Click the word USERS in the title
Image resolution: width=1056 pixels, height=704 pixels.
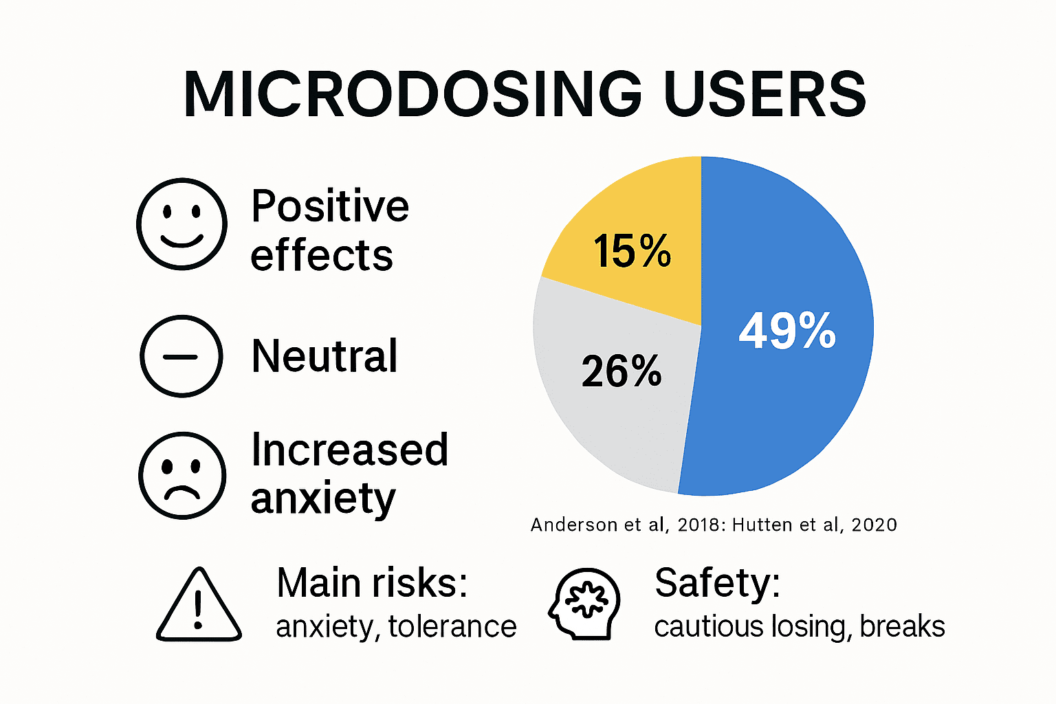tap(764, 95)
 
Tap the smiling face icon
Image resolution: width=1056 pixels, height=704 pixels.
tap(181, 223)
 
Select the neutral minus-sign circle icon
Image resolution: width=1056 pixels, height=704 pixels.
tap(181, 356)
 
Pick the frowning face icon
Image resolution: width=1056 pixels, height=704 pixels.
tap(181, 475)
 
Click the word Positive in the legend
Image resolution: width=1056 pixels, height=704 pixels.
tap(330, 206)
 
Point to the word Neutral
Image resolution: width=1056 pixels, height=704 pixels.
tap(324, 356)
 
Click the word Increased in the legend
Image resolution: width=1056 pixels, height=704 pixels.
tap(349, 450)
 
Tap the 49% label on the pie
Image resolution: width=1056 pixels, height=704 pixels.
tap(787, 331)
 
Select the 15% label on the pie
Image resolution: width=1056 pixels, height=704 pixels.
tap(632, 251)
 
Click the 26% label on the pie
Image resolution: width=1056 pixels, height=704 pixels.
tap(621, 371)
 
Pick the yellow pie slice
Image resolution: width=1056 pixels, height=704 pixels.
tap(639, 206)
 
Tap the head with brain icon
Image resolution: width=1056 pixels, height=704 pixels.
tap(584, 604)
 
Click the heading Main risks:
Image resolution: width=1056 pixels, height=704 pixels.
tap(372, 583)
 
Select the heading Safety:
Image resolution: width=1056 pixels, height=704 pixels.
tap(717, 583)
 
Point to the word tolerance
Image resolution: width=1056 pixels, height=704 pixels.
tap(452, 626)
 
